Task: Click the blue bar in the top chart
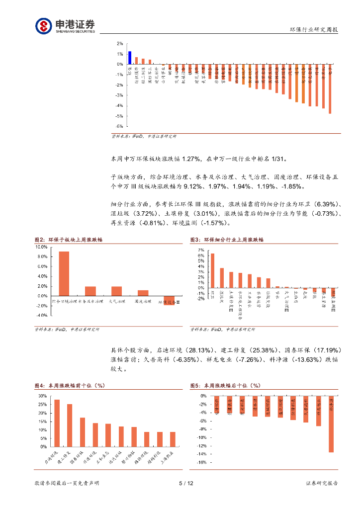tap(130, 58)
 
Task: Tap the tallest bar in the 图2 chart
tap(64, 273)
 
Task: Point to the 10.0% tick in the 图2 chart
tap(41, 247)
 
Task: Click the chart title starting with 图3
tap(227, 240)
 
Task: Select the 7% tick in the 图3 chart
tap(200, 250)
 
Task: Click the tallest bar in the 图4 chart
tap(57, 423)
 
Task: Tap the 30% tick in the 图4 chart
tap(43, 396)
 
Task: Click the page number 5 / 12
tap(185, 484)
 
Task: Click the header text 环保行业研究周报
tap(314, 30)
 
